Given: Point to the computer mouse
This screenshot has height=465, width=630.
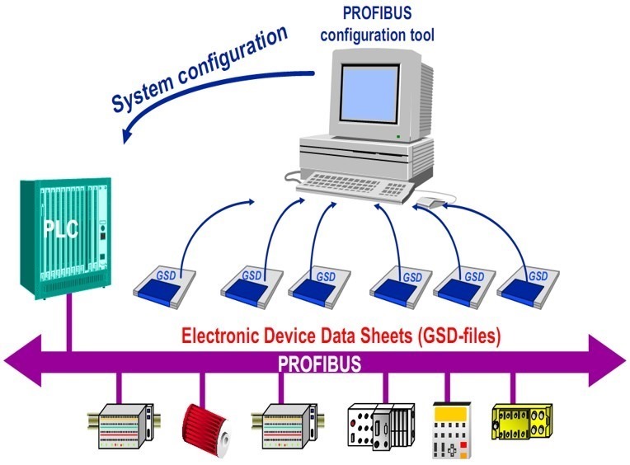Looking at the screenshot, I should pyautogui.click(x=431, y=201).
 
